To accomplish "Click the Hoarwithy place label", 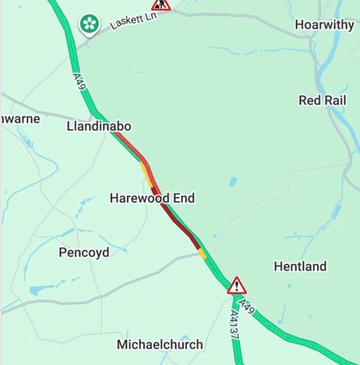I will click(x=325, y=25).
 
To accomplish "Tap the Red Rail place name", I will click(x=323, y=100).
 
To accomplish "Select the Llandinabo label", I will click(x=99, y=127).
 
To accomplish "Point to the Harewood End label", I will click(x=152, y=198).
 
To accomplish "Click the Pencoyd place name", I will click(x=85, y=253).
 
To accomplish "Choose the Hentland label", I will click(x=300, y=267).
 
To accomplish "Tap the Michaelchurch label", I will click(x=160, y=344).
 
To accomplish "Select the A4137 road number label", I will click(x=234, y=325).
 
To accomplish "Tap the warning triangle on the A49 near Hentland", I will click(x=237, y=286).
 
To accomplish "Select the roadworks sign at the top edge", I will click(x=161, y=5).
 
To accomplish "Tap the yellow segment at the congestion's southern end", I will click(x=203, y=253).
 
